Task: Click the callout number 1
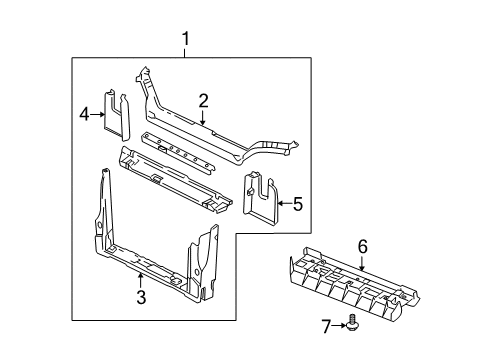coord(184,39)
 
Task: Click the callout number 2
coord(202,100)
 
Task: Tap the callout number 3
coord(141,297)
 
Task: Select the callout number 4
coord(85,115)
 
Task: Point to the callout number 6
coord(363,246)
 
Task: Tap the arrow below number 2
coord(202,117)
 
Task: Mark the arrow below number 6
coord(363,262)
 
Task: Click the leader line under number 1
coord(184,53)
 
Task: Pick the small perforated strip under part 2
coord(177,150)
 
